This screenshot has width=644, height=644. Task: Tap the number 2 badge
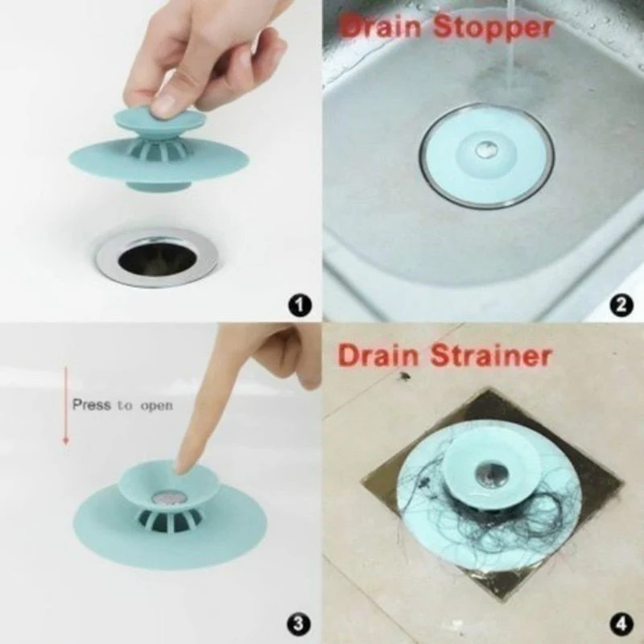tap(621, 305)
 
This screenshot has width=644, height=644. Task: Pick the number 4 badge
tap(621, 622)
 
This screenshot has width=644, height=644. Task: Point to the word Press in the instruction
tap(91, 405)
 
